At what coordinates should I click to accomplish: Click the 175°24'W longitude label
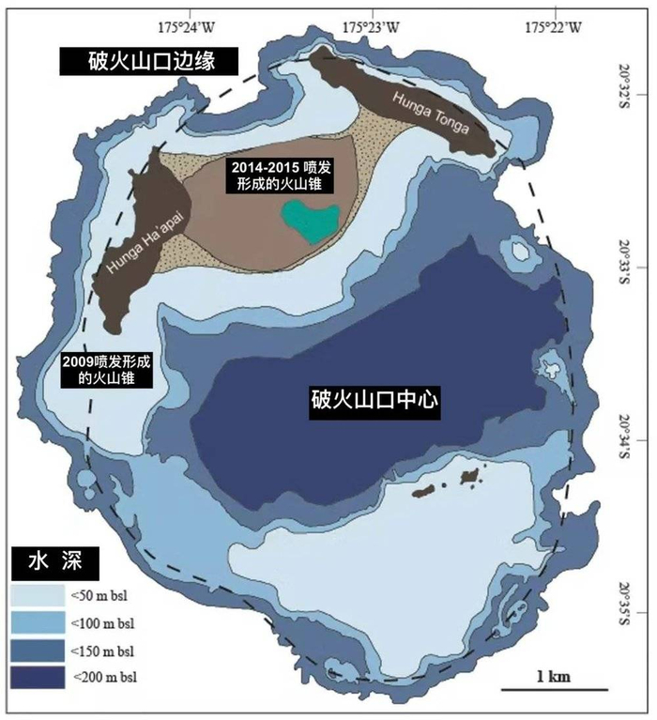[x=184, y=27]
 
